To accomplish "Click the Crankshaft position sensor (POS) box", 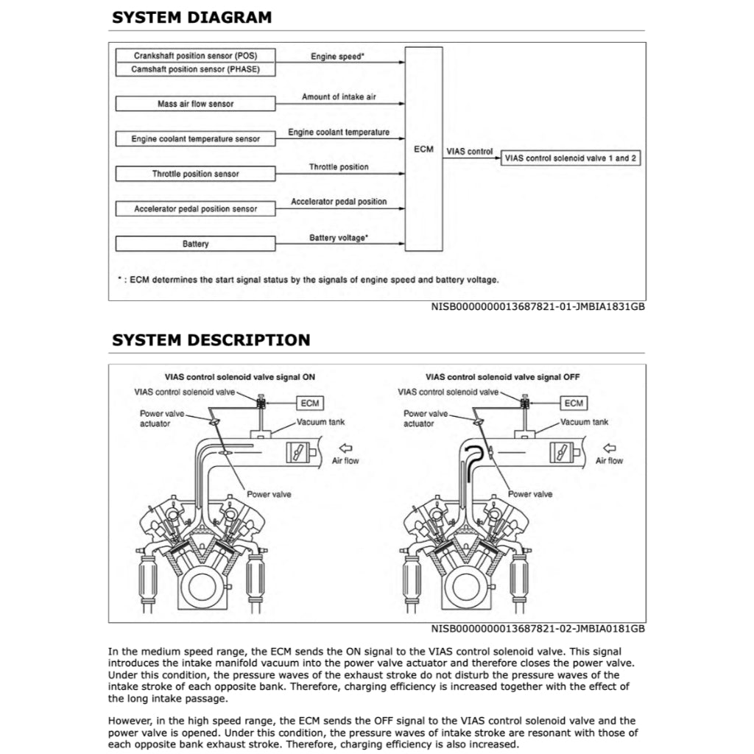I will point(195,55).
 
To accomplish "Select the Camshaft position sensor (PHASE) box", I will point(195,69).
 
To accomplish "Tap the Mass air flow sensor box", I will point(195,104).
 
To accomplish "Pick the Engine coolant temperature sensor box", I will point(195,138).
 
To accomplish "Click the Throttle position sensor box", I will point(195,174).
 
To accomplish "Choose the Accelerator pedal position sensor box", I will point(195,208).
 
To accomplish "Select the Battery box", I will point(195,244).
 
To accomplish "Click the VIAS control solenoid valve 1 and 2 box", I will point(571,158).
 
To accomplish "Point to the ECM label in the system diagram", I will point(424,149).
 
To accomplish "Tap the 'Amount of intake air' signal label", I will point(339,96).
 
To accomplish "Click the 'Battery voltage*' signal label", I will point(339,238).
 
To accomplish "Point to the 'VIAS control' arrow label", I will point(470,151).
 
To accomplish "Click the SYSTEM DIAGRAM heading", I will point(191,18).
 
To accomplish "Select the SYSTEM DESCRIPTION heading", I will point(211,340).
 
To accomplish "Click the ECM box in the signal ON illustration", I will point(309,403).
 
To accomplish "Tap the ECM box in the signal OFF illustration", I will point(573,403).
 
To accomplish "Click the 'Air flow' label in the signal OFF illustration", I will point(609,460).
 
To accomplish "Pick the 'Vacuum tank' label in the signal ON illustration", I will point(321,422).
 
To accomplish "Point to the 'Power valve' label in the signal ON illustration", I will point(268,494).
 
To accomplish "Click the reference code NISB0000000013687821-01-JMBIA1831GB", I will point(538,306).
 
